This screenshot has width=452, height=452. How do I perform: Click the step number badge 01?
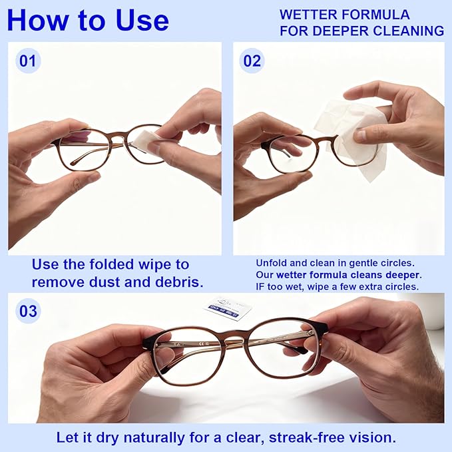coord(27,61)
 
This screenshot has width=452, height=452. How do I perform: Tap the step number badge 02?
coord(252,61)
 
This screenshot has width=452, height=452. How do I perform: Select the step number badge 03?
coord(28,311)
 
